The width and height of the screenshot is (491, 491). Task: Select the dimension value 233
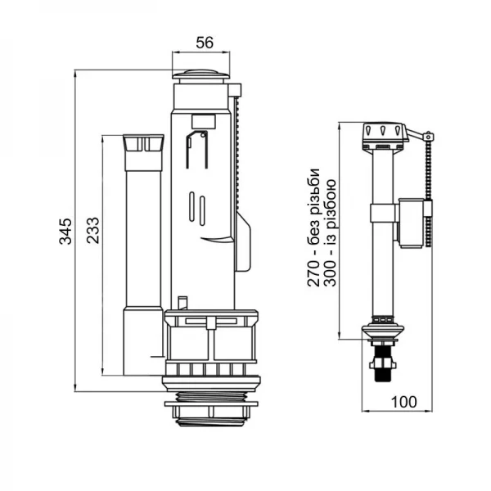[93, 231]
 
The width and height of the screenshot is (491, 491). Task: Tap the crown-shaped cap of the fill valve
[383, 132]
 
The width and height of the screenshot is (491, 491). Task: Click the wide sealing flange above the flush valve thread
[214, 378]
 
